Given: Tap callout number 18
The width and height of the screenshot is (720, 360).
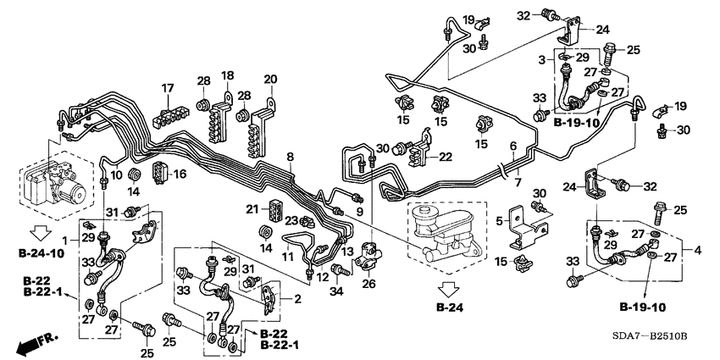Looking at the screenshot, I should pyautogui.click(x=227, y=75).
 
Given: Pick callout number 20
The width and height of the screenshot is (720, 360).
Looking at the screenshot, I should pyautogui.click(x=270, y=80).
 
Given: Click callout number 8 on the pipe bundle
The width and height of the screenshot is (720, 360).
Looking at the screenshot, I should pyautogui.click(x=291, y=158).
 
